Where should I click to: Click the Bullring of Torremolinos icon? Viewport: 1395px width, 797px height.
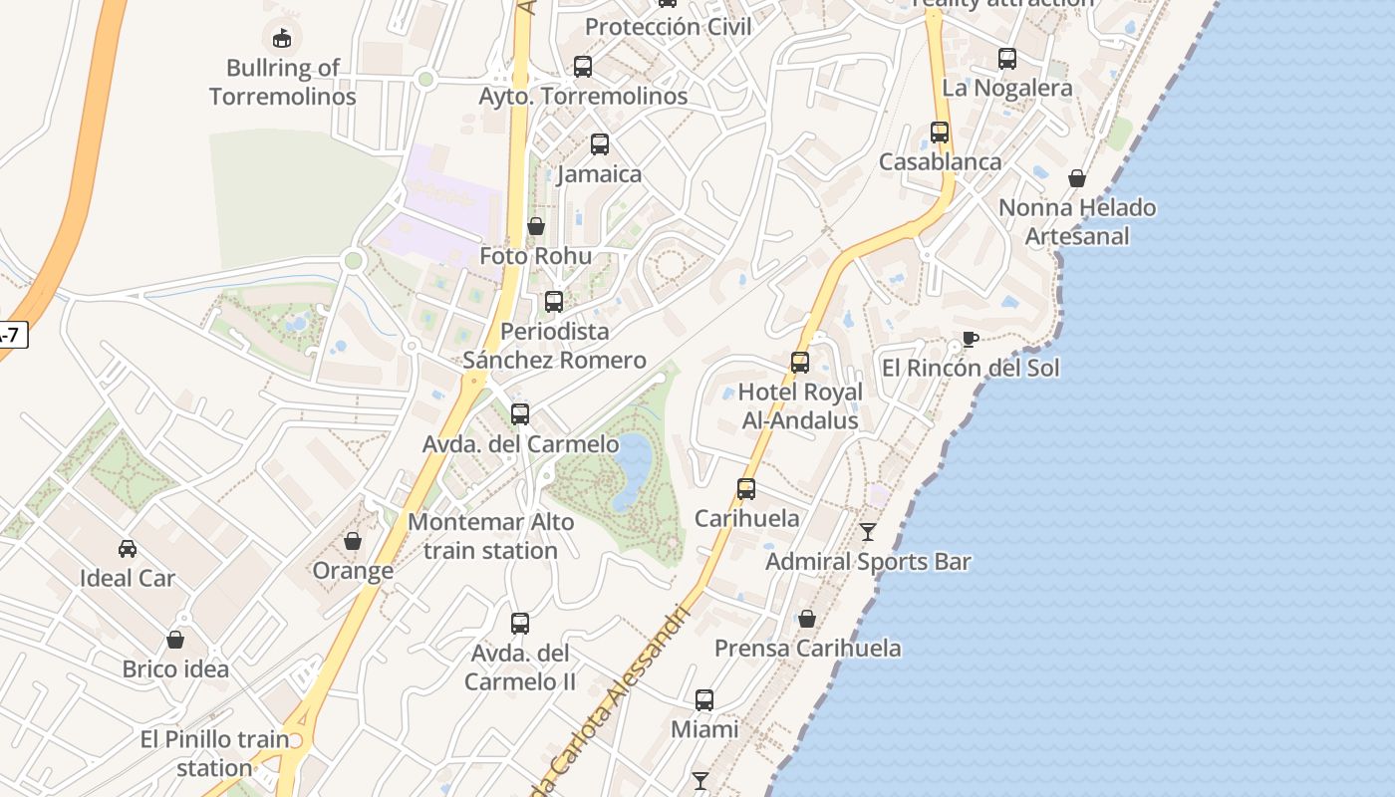[282, 38]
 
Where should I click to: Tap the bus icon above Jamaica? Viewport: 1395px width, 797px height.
[599, 144]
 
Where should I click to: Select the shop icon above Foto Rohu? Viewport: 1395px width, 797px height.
[536, 226]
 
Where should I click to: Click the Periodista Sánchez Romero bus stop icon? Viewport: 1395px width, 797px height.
[554, 301]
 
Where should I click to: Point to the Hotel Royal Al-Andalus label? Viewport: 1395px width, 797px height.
[800, 406]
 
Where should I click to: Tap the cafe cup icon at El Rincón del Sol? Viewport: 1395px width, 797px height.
[970, 339]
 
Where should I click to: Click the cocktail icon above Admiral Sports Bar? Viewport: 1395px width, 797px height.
[868, 532]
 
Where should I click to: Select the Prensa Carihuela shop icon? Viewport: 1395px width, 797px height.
[807, 619]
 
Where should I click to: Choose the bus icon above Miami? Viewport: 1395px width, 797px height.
[704, 700]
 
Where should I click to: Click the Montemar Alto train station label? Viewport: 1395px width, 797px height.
[491, 536]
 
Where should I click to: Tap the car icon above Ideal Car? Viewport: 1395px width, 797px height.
[128, 549]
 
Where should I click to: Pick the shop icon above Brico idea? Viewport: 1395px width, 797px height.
[175, 640]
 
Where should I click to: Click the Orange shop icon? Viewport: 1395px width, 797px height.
[353, 541]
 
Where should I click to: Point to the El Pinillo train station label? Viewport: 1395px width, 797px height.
[214, 753]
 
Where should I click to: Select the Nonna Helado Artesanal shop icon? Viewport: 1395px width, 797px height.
[1077, 178]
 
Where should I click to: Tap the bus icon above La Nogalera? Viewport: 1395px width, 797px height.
[1007, 59]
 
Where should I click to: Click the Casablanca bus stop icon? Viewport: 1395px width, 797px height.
[940, 132]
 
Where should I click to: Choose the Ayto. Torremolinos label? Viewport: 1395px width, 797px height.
[583, 97]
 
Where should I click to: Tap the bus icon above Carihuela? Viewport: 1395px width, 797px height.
[746, 489]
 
